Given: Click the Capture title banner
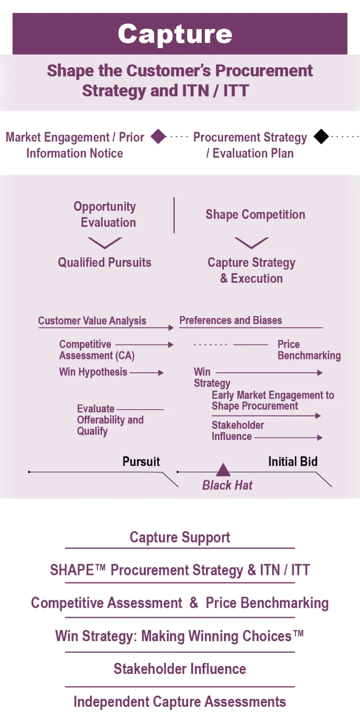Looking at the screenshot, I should (x=180, y=34).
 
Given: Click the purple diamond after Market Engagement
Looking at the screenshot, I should (x=158, y=137).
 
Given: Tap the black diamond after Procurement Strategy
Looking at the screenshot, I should (x=321, y=137).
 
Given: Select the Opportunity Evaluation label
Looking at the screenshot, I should (x=105, y=214).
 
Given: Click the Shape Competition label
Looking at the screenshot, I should (x=255, y=214).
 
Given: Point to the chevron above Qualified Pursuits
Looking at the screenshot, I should (x=105, y=243).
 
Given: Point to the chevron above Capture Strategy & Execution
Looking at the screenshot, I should (x=251, y=243).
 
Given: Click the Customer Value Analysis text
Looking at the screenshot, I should (x=92, y=321).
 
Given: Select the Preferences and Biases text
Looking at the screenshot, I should (x=231, y=320).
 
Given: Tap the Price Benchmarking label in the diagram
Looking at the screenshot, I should (x=309, y=350).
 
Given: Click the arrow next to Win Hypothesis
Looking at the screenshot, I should (x=147, y=373).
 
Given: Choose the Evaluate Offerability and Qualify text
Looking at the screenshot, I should (x=110, y=420).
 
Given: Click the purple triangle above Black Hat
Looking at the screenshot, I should (x=223, y=470).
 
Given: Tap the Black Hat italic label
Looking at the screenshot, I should (x=227, y=485).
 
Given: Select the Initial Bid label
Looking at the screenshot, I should (x=293, y=462).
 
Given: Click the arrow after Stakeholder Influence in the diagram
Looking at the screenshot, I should (x=289, y=437).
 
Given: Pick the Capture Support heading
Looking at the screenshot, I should (x=180, y=537).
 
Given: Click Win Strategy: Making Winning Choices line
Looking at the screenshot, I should (x=180, y=636).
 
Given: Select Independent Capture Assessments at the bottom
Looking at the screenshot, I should (x=180, y=702).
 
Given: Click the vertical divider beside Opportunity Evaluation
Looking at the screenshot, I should (x=174, y=215).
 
